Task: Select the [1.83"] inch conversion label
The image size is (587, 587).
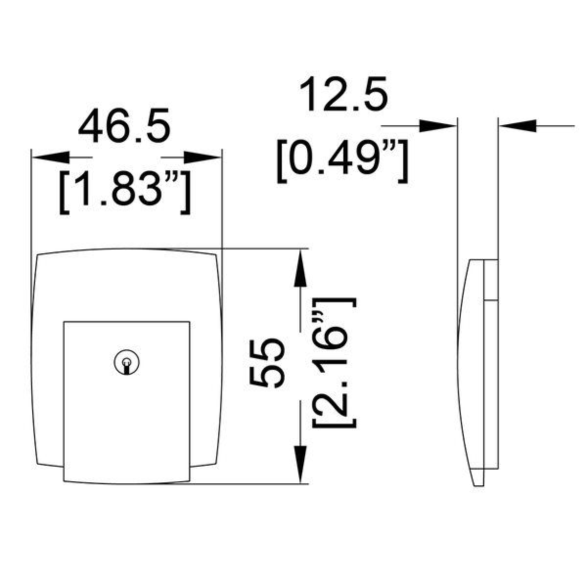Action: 124,194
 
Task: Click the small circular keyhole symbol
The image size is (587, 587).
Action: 127,362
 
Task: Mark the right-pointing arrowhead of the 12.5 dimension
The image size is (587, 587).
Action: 438,126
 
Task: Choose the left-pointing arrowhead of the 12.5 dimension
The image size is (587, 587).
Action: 516,126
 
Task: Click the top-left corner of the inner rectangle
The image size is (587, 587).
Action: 64,322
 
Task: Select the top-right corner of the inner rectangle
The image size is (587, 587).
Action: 189,322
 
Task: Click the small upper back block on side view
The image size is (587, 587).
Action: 491,279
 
